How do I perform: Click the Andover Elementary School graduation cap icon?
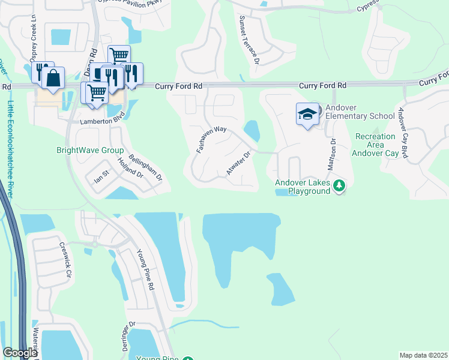click(x=307, y=114)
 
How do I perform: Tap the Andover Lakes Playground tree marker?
click(x=340, y=186)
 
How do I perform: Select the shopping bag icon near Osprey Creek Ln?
click(x=53, y=78)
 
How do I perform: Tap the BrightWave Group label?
click(x=90, y=151)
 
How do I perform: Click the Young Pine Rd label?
click(x=146, y=270)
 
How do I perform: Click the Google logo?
click(x=20, y=353)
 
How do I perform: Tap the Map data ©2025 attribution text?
click(x=423, y=355)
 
